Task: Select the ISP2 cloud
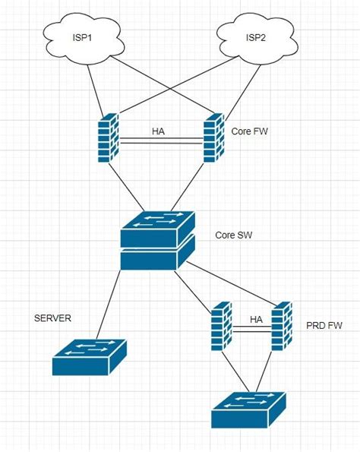tap(250, 37)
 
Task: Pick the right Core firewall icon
tap(212, 139)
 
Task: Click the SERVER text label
tap(52, 318)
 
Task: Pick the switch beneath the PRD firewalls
tap(248, 409)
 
